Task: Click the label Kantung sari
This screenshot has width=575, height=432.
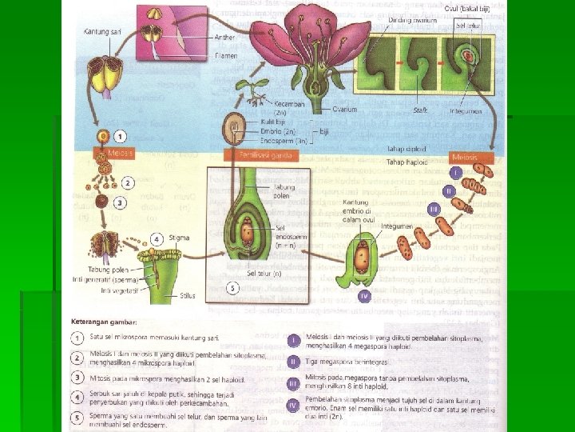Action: click(x=98, y=32)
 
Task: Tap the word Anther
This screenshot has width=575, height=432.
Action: click(x=225, y=37)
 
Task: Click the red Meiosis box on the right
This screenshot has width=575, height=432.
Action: click(x=464, y=157)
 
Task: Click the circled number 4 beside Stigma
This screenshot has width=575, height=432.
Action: click(x=157, y=238)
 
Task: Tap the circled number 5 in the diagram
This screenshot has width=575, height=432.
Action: click(x=232, y=287)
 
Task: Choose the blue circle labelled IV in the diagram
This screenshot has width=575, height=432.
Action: click(x=364, y=296)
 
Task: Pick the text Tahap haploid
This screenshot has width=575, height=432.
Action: click(x=407, y=162)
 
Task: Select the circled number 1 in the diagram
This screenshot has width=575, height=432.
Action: click(x=120, y=137)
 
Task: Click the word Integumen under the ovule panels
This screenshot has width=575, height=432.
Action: click(x=466, y=110)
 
